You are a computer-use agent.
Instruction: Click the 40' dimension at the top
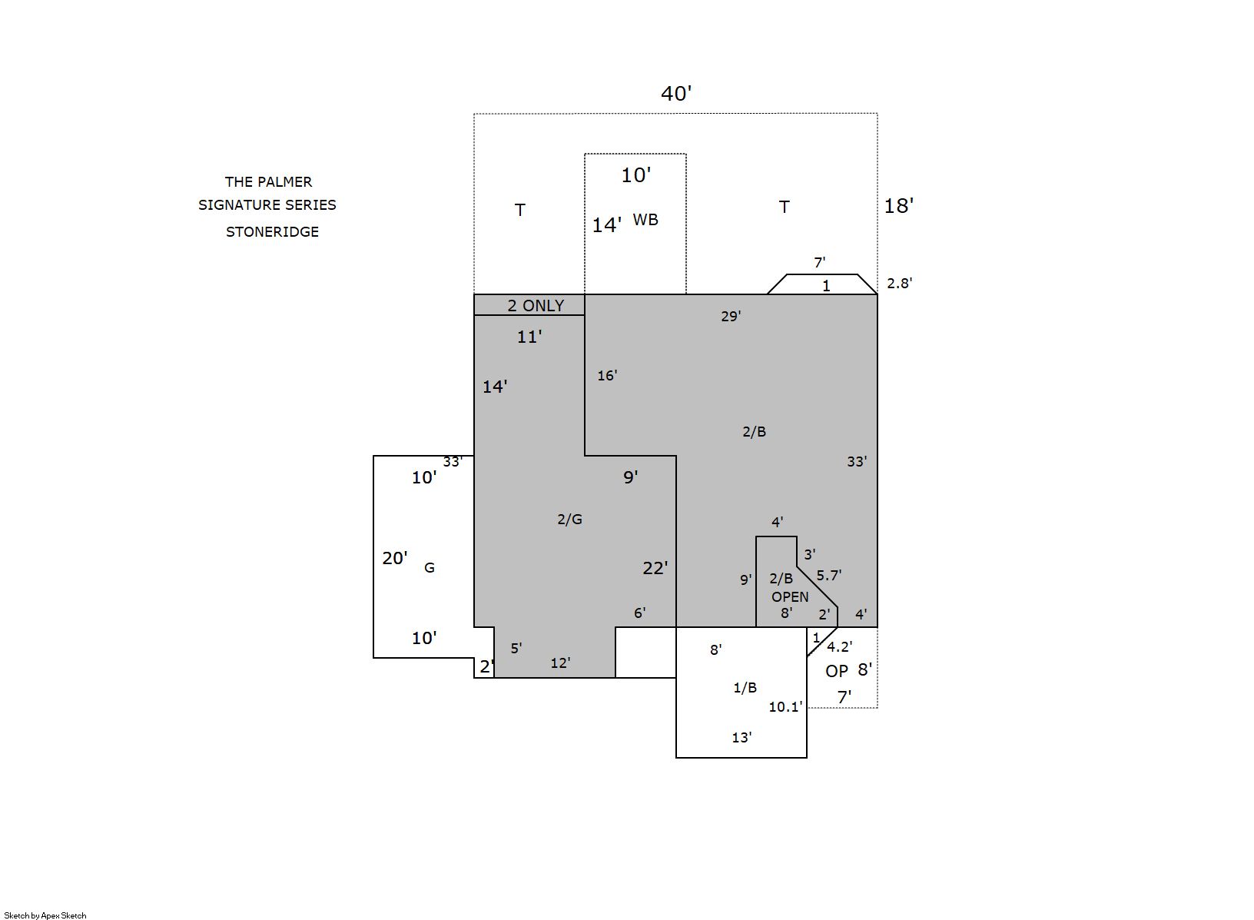pos(676,94)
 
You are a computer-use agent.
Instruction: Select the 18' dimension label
pos(898,206)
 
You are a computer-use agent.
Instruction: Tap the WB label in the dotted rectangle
pos(645,220)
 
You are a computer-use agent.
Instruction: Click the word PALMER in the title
pos(286,182)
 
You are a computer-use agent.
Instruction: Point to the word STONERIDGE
pos(272,232)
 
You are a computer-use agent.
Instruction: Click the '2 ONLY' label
pos(536,306)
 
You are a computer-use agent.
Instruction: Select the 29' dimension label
pos(731,317)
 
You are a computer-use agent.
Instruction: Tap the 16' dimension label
pos(607,375)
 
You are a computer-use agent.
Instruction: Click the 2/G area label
pos(569,519)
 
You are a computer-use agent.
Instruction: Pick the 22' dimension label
pos(655,568)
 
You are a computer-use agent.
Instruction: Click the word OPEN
pos(790,597)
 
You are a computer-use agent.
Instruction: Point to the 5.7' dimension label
pos(828,575)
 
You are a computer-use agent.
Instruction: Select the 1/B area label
pos(745,688)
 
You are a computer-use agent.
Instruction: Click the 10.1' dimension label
pos(785,707)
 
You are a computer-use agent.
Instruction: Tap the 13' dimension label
pos(741,737)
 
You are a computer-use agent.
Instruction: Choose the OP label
pos(836,671)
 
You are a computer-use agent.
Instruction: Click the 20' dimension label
pos(395,558)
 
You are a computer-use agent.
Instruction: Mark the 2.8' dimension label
pos(899,284)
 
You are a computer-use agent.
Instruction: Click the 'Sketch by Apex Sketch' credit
pos(45,915)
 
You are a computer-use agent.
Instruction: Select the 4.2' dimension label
pos(839,646)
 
